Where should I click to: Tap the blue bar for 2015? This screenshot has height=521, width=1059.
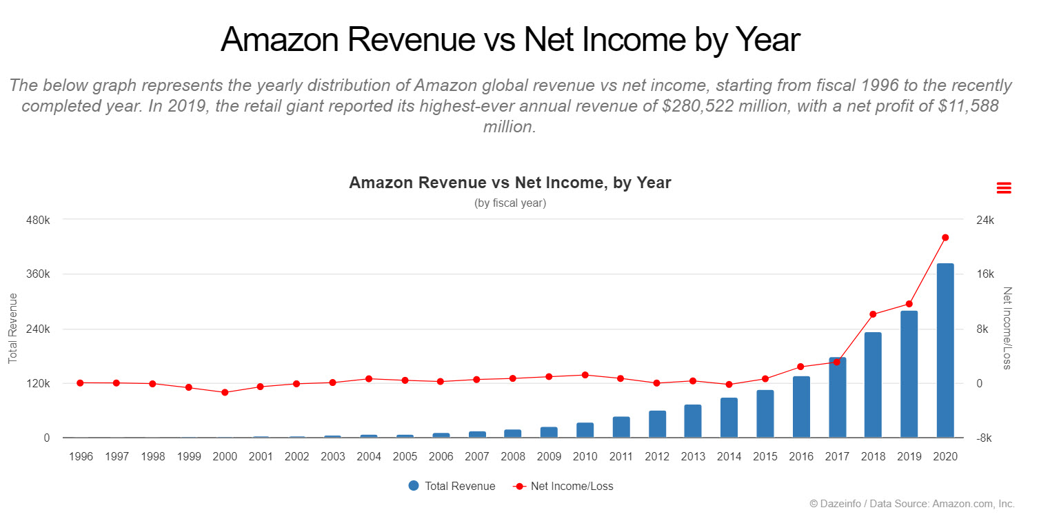[x=765, y=413]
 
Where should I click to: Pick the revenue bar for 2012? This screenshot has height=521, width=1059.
[x=657, y=424]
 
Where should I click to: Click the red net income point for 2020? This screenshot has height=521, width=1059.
[x=945, y=238]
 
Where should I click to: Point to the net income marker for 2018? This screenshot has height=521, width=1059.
[x=873, y=314]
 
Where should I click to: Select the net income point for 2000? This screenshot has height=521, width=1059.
[x=225, y=392]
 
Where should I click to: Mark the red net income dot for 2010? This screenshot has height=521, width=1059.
[x=585, y=375]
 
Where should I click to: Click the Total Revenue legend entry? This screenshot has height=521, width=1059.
[x=452, y=486]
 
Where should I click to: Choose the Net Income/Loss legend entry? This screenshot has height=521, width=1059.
[x=563, y=486]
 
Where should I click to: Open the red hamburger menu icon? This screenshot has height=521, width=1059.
[x=1004, y=187]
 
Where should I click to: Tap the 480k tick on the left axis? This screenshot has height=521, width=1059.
[x=38, y=220]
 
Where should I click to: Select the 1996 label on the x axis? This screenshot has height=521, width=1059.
[x=81, y=457]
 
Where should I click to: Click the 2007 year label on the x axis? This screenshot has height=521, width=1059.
[x=477, y=457]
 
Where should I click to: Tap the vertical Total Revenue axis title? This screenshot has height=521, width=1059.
[x=12, y=328]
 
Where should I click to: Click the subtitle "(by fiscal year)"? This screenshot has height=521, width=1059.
[x=510, y=203]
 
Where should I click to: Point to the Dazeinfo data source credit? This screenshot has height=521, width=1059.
[x=911, y=504]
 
